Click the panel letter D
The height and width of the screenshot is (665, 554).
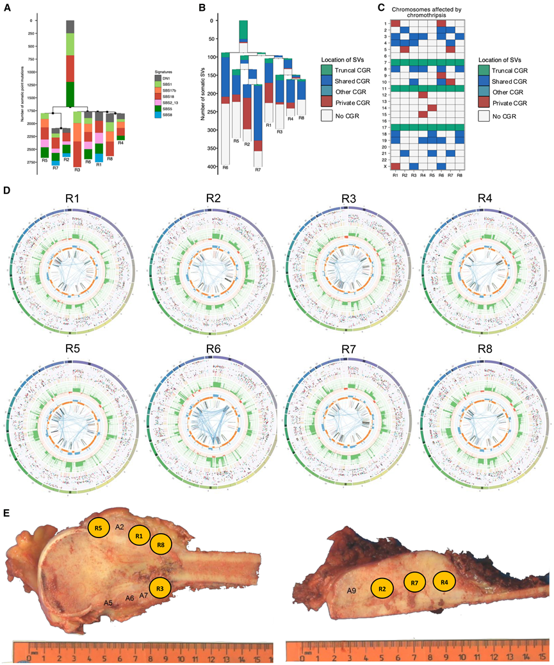pyautogui.click(x=6, y=191)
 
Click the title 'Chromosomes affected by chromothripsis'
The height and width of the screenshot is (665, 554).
pyautogui.click(x=427, y=13)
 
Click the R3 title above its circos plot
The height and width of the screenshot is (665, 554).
pyautogui.click(x=348, y=198)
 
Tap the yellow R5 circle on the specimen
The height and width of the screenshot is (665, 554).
pyautogui.click(x=98, y=529)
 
